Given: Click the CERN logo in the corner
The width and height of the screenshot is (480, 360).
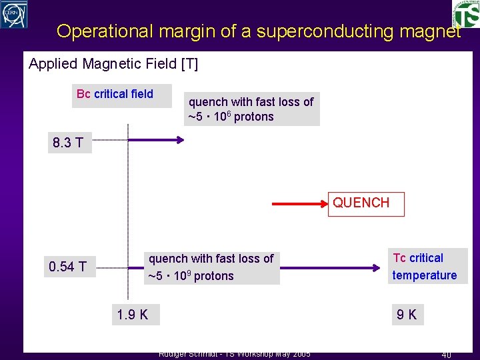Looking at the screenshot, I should (x=14, y=14).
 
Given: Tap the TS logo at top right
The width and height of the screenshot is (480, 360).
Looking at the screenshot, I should (x=466, y=13).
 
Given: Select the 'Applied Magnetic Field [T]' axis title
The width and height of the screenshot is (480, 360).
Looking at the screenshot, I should (x=113, y=64).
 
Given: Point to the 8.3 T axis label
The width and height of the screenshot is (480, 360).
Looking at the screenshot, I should (x=68, y=143).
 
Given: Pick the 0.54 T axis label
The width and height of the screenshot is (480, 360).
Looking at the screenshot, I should (x=67, y=267).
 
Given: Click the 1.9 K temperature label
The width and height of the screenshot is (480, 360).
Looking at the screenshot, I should (x=133, y=314).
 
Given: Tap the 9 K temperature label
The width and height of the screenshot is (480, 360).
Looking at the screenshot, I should (x=406, y=314).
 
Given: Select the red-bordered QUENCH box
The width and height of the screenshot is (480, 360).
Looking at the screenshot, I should (x=366, y=203).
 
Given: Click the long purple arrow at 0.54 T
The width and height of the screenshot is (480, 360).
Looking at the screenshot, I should (x=333, y=267).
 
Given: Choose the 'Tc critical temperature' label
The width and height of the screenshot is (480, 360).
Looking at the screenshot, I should (x=425, y=267).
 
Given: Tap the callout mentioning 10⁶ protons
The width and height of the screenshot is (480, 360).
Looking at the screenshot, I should (x=251, y=109).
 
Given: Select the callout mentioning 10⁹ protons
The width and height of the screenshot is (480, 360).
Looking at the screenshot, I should (x=211, y=267).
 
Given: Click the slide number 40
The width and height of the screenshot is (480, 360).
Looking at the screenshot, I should (x=446, y=355).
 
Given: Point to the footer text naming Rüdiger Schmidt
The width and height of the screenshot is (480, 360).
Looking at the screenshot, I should (x=233, y=354).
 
